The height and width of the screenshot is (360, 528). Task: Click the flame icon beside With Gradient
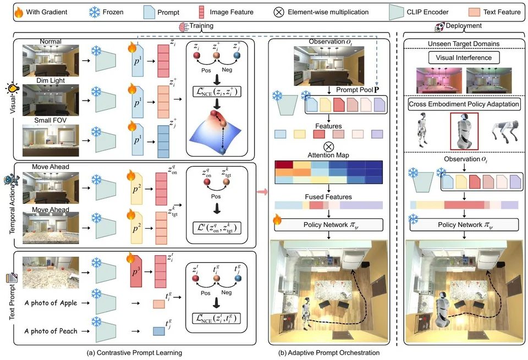[19, 13]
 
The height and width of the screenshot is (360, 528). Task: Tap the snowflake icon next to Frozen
[94, 12]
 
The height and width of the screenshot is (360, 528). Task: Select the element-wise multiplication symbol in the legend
[279, 13]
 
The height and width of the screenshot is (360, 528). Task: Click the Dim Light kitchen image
[51, 100]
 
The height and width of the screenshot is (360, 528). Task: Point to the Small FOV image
[51, 140]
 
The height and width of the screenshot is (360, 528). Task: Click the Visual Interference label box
[464, 58]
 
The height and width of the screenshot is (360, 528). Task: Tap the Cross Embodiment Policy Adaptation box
[464, 104]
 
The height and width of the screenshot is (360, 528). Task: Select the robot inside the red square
[464, 131]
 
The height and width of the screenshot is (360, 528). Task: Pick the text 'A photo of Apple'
[51, 303]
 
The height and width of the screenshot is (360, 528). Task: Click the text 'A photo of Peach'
[51, 331]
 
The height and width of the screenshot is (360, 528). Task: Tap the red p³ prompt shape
[136, 271]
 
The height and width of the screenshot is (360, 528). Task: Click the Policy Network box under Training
[329, 225]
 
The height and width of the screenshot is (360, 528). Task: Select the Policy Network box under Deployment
[464, 225]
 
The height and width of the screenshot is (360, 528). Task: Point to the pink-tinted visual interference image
[439, 80]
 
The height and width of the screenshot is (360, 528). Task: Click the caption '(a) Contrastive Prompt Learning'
[134, 353]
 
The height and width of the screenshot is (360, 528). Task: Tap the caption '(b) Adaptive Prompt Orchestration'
[329, 353]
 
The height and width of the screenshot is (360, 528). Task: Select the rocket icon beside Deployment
[439, 27]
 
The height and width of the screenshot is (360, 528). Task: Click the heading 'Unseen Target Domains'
[464, 44]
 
